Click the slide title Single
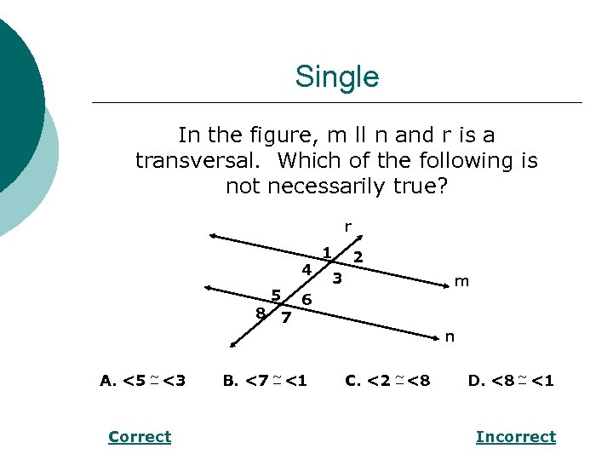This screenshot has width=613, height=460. (x=336, y=78)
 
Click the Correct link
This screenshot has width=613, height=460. (x=140, y=437)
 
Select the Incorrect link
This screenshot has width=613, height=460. (x=515, y=437)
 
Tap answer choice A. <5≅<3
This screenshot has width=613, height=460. (x=143, y=381)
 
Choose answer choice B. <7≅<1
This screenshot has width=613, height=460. (x=265, y=381)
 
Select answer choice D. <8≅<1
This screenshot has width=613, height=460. (x=511, y=381)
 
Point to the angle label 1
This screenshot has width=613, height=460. (x=327, y=251)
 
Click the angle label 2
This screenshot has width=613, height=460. (x=358, y=256)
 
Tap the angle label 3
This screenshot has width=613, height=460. (x=337, y=278)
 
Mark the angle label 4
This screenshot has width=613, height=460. (x=306, y=270)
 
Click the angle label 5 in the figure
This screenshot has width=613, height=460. (x=276, y=295)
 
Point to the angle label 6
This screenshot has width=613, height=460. (x=306, y=299)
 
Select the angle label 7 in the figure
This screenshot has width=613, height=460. (x=286, y=318)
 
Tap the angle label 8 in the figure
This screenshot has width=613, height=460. (x=261, y=312)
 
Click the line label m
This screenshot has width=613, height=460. (x=461, y=281)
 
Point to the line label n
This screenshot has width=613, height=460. (x=450, y=336)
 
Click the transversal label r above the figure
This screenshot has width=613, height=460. (x=347, y=227)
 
